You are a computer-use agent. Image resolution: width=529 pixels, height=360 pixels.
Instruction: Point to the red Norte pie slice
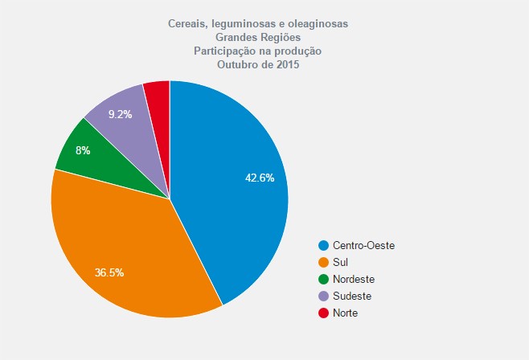pyautogui.click(x=158, y=96)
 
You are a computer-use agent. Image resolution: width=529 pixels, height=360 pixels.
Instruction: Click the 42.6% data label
pyautogui.click(x=260, y=178)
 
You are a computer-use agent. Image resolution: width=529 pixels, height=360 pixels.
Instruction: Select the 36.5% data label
pyautogui.click(x=109, y=272)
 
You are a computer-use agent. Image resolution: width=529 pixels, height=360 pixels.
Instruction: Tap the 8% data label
pyautogui.click(x=83, y=150)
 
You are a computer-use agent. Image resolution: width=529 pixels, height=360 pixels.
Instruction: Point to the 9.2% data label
pyautogui.click(x=120, y=114)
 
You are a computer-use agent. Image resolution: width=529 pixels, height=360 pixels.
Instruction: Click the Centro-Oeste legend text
pyautogui.click(x=363, y=245)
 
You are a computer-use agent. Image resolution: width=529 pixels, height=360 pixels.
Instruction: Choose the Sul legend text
pyautogui.click(x=340, y=262)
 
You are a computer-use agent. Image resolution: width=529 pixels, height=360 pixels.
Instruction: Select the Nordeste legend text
pyautogui.click(x=354, y=279)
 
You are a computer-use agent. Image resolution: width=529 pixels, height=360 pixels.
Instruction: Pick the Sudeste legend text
pyautogui.click(x=352, y=296)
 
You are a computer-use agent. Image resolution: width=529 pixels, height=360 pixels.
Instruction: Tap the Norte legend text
pyautogui.click(x=345, y=313)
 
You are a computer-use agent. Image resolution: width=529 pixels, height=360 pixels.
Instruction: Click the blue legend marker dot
pyautogui.click(x=324, y=245)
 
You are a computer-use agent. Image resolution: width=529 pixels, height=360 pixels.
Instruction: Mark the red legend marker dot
pyautogui.click(x=324, y=313)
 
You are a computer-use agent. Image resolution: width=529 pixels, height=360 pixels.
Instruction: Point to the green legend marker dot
pyautogui.click(x=324, y=279)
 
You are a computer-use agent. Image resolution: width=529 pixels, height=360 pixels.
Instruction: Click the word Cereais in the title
pyautogui.click(x=190, y=24)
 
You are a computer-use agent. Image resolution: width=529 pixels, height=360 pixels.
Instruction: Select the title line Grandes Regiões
pyautogui.click(x=257, y=37)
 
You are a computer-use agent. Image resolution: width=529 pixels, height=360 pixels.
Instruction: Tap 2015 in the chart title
pyautogui.click(x=285, y=64)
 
